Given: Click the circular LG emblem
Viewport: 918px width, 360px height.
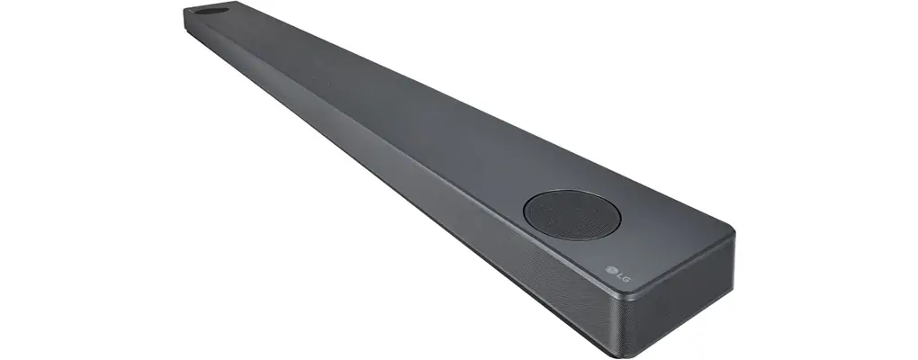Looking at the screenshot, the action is (x=612, y=270).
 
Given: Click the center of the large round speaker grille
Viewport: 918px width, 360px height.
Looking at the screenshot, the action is (x=572, y=214).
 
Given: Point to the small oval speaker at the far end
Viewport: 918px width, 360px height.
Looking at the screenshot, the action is (x=211, y=10).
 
